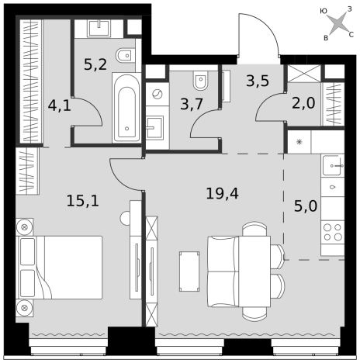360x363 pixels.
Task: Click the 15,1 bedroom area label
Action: (83, 201)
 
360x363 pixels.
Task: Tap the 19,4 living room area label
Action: (222, 193)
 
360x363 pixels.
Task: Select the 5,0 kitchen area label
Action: (306, 206)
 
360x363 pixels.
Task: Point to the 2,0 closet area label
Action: (303, 103)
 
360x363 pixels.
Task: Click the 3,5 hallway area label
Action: (258, 81)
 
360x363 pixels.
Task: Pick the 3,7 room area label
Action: (192, 105)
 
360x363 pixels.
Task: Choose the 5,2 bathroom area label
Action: (95, 64)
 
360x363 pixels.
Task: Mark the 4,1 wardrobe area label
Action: (60, 105)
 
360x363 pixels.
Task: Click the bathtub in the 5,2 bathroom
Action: (126, 108)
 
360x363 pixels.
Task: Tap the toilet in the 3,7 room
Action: (202, 80)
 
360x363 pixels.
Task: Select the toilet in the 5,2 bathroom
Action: (126, 55)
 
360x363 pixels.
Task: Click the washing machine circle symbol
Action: (157, 94)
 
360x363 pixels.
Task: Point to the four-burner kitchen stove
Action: (333, 232)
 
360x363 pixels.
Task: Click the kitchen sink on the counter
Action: (333, 165)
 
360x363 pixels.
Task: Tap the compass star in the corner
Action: (337, 24)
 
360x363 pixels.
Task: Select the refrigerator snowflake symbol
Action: (299, 142)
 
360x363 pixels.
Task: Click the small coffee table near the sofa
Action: (189, 271)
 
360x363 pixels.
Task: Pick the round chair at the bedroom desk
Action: (125, 218)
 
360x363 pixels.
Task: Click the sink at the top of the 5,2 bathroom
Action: (99, 28)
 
